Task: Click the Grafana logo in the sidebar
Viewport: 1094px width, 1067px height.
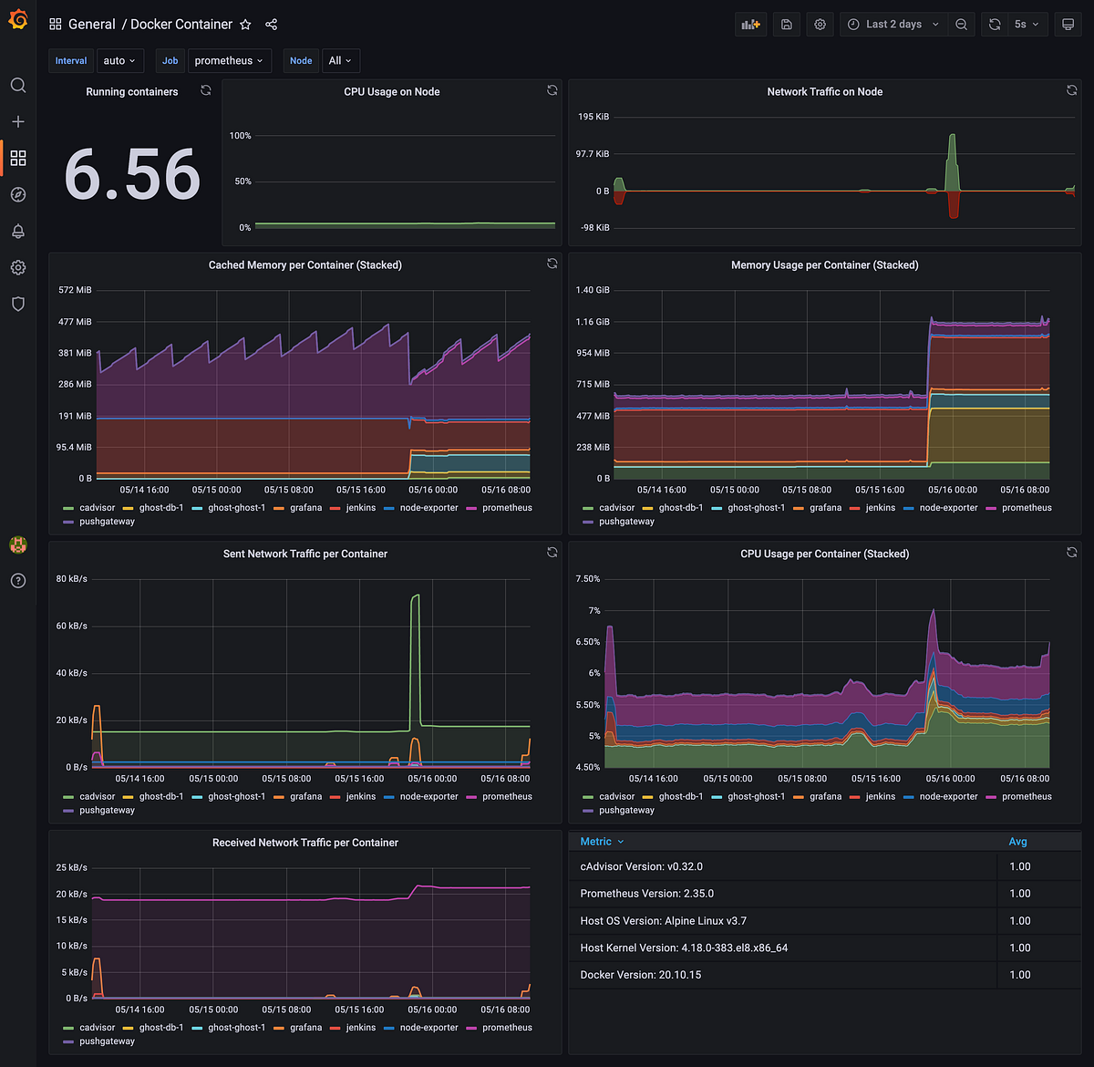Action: [x=17, y=19]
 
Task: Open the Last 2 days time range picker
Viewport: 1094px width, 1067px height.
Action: [x=893, y=25]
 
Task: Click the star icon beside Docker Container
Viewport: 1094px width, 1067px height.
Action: [x=245, y=25]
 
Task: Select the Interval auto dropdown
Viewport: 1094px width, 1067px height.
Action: [x=119, y=61]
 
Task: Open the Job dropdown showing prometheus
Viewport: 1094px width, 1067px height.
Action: [x=229, y=61]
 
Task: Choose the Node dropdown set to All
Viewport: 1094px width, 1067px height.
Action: [x=340, y=61]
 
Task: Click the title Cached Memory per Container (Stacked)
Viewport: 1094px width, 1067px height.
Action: [x=304, y=265]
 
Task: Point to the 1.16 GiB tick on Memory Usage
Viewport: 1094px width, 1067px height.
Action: [x=593, y=322]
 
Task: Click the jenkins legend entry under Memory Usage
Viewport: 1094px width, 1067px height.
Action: [x=880, y=508]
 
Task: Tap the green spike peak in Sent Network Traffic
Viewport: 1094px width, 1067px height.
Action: [x=416, y=596]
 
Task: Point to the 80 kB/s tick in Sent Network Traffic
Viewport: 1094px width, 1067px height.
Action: [x=72, y=579]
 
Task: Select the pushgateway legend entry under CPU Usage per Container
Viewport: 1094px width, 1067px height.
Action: [x=626, y=810]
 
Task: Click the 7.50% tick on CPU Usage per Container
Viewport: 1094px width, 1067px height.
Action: [x=588, y=579]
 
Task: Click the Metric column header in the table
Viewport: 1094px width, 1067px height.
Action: [x=596, y=842]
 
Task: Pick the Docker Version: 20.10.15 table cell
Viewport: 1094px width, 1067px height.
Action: [x=641, y=975]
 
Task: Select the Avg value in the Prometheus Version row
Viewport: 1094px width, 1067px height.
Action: [x=1019, y=894]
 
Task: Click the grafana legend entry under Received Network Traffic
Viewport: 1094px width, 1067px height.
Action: [x=305, y=1028]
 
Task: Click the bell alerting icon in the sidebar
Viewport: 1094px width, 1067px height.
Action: [x=17, y=232]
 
